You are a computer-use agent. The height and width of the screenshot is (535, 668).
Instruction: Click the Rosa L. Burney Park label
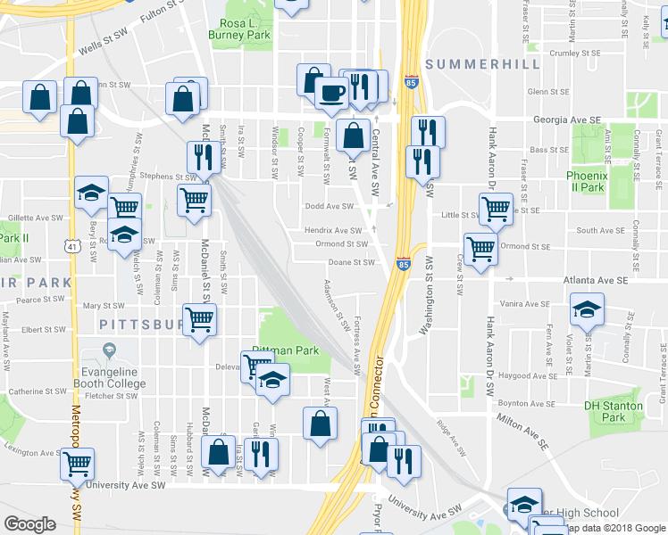(238, 29)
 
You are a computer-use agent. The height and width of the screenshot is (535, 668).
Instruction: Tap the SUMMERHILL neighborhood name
(483, 64)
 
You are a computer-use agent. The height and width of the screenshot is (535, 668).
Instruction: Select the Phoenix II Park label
(586, 181)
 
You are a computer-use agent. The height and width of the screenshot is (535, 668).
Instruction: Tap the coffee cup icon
(331, 91)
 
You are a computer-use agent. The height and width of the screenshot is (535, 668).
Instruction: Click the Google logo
(30, 523)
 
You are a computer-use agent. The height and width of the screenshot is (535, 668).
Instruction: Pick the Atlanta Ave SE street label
(596, 280)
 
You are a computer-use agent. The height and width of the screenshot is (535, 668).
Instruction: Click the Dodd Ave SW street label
(330, 206)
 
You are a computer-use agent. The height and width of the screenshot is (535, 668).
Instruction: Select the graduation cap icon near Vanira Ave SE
(586, 309)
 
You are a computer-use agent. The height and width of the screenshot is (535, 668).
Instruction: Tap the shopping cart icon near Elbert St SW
(198, 318)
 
